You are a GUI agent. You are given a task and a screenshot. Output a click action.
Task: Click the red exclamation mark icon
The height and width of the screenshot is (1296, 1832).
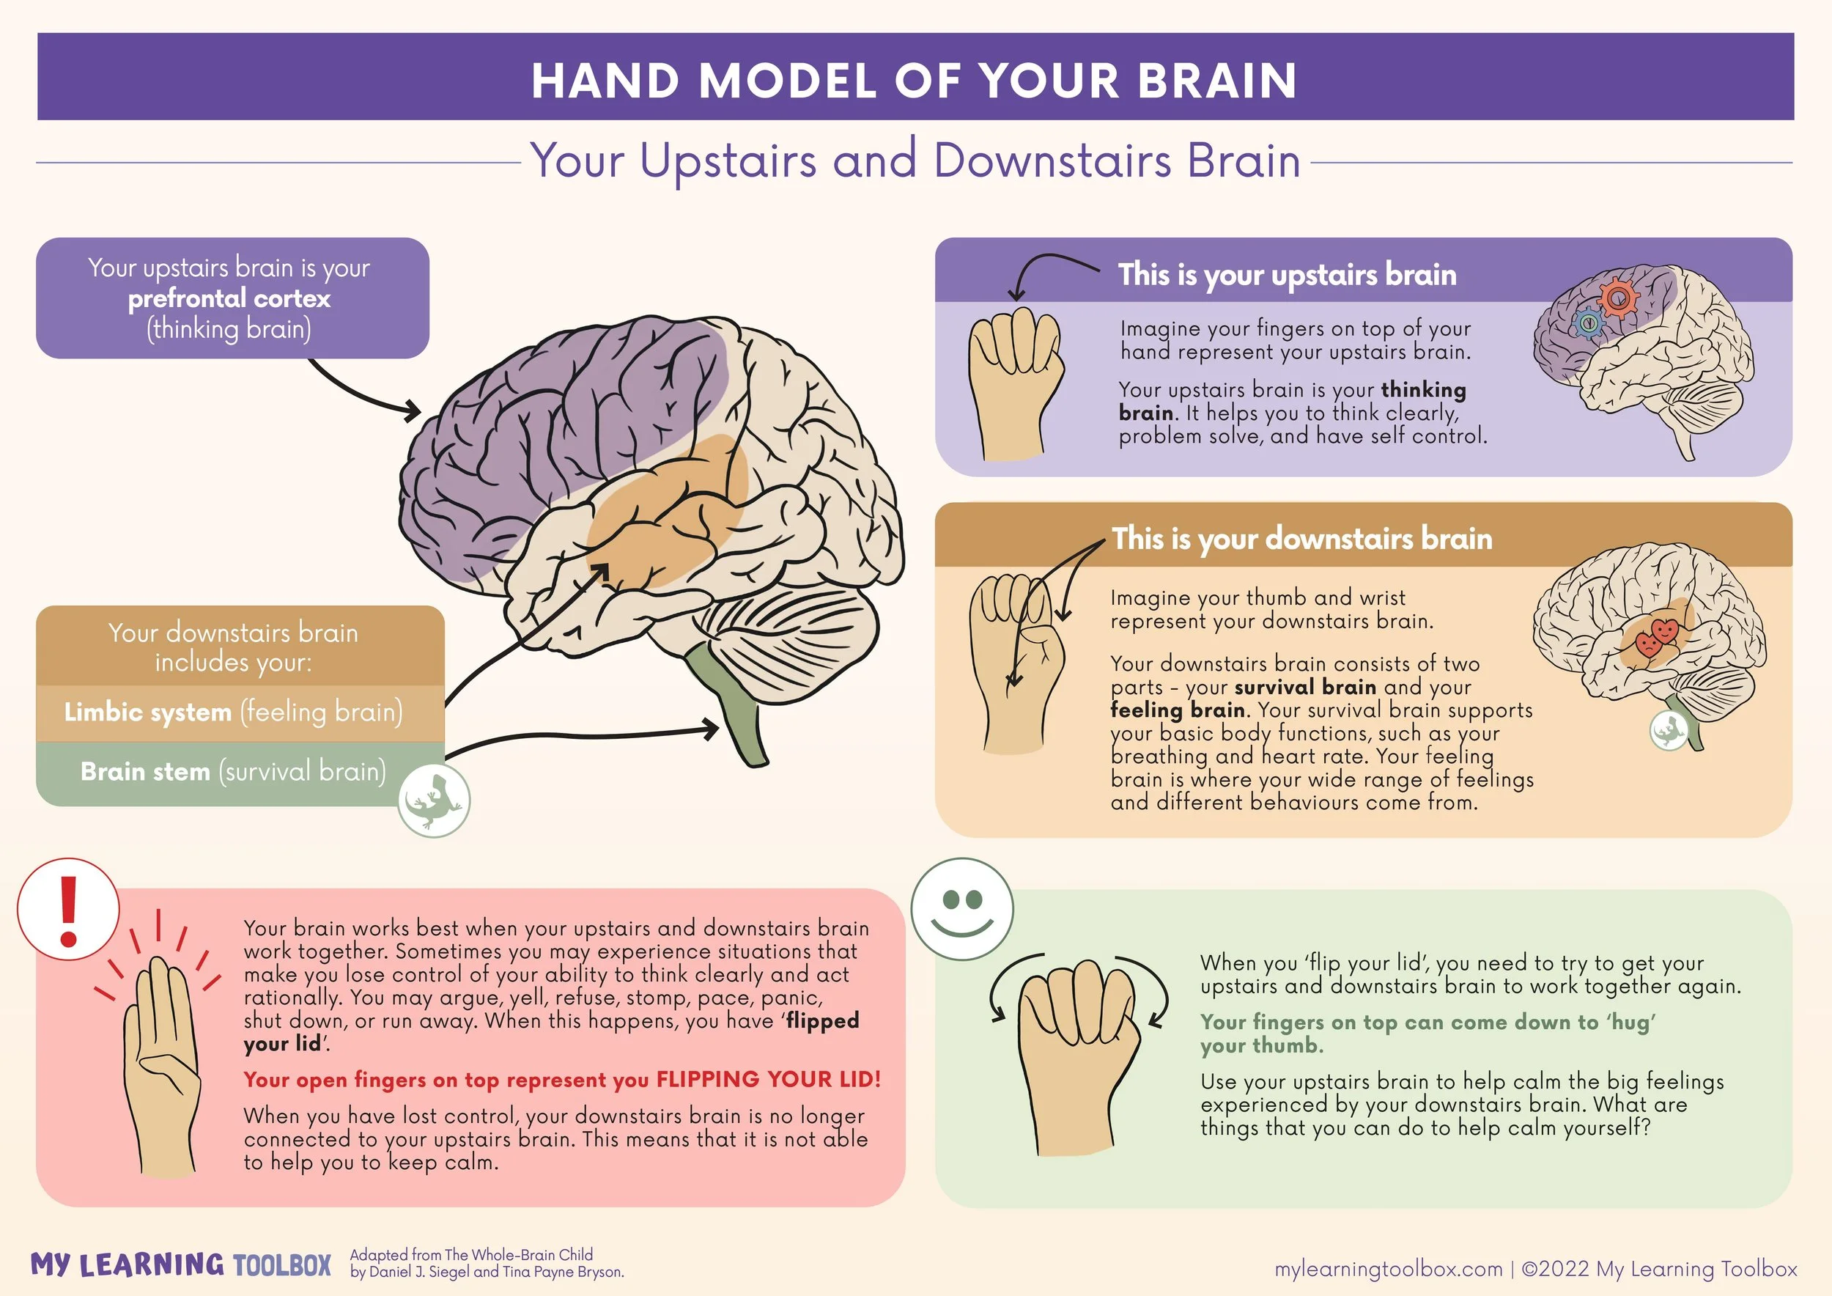[69, 909]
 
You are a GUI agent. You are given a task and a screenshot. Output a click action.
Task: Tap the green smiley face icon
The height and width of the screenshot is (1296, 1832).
[961, 908]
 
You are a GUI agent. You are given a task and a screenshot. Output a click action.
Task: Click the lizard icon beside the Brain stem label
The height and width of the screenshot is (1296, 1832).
[434, 800]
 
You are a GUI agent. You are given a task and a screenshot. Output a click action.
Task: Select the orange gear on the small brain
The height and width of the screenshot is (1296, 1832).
[1617, 300]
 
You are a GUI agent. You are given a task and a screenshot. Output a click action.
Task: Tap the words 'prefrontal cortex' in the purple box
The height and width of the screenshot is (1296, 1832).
[229, 298]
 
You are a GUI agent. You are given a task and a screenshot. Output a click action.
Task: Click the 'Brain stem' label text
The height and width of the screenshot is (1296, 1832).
[145, 772]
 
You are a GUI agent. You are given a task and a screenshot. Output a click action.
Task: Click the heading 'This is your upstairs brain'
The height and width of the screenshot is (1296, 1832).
[1286, 275]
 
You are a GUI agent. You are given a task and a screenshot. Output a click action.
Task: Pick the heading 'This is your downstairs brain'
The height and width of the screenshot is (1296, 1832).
[1301, 539]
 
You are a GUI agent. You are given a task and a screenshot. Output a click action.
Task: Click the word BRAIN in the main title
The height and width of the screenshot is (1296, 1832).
[1216, 81]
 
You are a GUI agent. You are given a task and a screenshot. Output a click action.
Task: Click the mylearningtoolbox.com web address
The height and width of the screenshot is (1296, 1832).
[1388, 1268]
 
